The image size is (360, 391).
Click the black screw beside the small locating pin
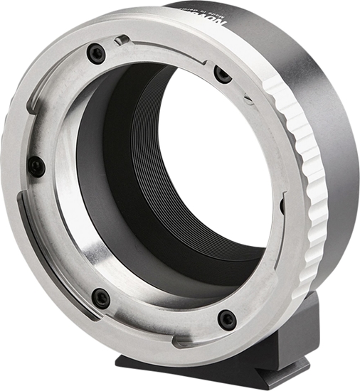(x=96, y=53)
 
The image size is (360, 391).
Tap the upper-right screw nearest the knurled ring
(x=223, y=74)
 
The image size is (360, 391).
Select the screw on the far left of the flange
(x=36, y=166)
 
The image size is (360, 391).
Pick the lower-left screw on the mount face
(x=101, y=298)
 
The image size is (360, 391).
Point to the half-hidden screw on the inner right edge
(x=282, y=206)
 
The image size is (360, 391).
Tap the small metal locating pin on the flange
(x=122, y=40)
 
